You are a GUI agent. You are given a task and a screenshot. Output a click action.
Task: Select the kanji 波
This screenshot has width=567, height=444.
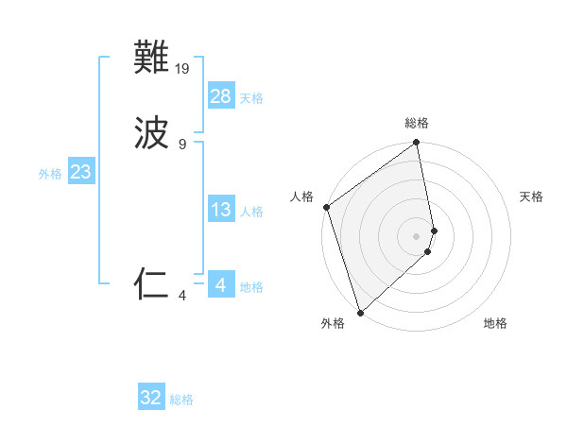click(152, 133)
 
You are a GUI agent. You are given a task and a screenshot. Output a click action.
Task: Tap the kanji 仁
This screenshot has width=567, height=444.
click(152, 283)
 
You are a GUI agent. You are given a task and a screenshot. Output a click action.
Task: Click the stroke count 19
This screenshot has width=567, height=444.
click(183, 69)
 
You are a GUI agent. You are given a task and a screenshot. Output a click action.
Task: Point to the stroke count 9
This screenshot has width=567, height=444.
click(182, 144)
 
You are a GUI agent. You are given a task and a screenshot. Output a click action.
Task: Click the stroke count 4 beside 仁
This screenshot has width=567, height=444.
click(182, 295)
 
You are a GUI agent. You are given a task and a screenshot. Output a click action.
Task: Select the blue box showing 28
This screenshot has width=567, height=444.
click(221, 95)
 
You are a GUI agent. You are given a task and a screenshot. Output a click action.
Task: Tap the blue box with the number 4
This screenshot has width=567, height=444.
click(221, 283)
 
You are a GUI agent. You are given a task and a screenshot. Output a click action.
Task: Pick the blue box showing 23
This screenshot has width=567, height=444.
click(81, 172)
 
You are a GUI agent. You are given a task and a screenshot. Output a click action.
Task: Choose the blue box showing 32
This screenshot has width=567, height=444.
click(151, 398)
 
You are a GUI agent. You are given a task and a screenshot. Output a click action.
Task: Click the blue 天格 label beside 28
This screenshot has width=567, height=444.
click(251, 98)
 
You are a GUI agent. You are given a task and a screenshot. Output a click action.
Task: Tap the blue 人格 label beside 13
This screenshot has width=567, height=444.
click(251, 212)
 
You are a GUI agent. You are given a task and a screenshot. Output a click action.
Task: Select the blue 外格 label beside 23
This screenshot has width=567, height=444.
click(50, 174)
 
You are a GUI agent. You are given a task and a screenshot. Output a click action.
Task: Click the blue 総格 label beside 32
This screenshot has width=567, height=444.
click(181, 401)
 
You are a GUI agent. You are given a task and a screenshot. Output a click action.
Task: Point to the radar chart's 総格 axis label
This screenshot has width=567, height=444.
click(417, 124)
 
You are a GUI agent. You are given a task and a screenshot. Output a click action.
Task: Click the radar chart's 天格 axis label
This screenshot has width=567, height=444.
click(531, 196)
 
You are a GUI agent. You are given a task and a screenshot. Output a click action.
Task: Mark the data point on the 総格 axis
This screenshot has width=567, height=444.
click(417, 144)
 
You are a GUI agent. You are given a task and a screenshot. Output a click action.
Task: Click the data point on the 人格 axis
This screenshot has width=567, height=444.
click(326, 207)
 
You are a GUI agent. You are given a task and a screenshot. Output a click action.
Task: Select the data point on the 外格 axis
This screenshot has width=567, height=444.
click(360, 312)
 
